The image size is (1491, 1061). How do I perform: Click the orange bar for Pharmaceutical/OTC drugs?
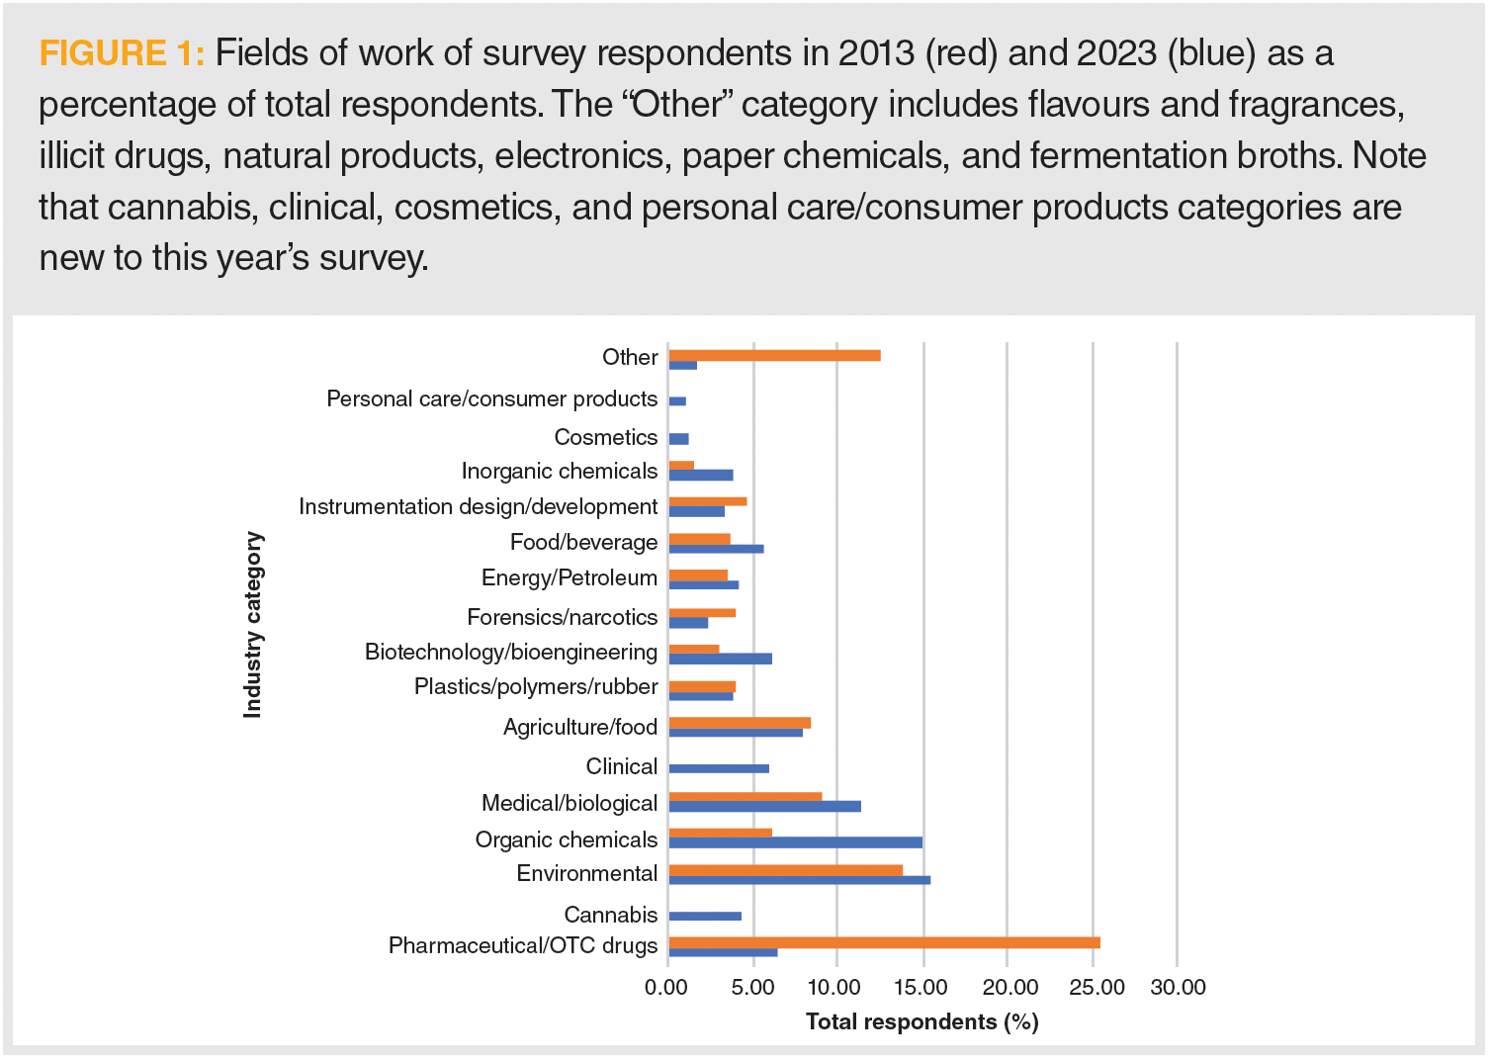[884, 942]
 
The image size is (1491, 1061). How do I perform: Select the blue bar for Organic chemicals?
[795, 842]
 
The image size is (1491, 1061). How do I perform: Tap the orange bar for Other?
[774, 355]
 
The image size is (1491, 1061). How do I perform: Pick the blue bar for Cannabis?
[705, 916]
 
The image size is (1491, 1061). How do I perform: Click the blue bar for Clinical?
[719, 768]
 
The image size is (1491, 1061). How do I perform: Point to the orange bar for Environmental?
[785, 870]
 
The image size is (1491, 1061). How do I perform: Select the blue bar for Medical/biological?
[764, 806]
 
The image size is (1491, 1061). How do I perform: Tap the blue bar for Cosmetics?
[678, 439]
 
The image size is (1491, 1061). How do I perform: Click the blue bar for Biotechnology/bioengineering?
[720, 659]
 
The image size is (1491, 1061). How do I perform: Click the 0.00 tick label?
[664, 987]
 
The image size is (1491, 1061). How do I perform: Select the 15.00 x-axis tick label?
[920, 987]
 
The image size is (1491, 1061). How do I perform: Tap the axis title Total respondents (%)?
[921, 1021]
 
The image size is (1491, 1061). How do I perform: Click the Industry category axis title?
[253, 625]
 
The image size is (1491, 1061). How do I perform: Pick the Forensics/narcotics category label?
[562, 617]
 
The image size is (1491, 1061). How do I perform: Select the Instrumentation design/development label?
[478, 506]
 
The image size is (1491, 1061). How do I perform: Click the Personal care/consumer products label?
[491, 398]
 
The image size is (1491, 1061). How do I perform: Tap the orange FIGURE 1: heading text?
[121, 52]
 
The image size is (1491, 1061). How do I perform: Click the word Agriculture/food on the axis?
[579, 727]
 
